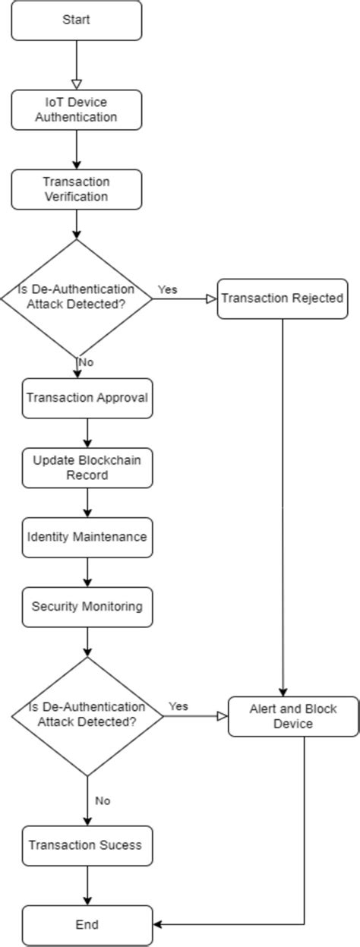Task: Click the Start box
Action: (x=76, y=21)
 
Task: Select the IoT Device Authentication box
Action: (x=76, y=109)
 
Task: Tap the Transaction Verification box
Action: (x=76, y=189)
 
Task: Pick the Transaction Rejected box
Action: (x=283, y=298)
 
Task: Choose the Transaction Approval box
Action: (x=87, y=398)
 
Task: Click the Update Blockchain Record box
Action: (x=87, y=468)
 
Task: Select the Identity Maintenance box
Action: (x=87, y=537)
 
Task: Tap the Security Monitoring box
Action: (x=87, y=607)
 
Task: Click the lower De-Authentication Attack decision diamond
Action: (x=87, y=715)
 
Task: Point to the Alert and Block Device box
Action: (x=293, y=716)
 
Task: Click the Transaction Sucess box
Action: (x=87, y=844)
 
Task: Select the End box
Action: (x=87, y=924)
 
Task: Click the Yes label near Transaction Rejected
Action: (x=167, y=289)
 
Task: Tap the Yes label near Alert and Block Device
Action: (x=178, y=706)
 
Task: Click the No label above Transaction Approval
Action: (x=85, y=362)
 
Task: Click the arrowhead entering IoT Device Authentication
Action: (x=77, y=84)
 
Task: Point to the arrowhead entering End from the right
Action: (x=159, y=924)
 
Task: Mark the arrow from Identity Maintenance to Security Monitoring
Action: (x=87, y=572)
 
